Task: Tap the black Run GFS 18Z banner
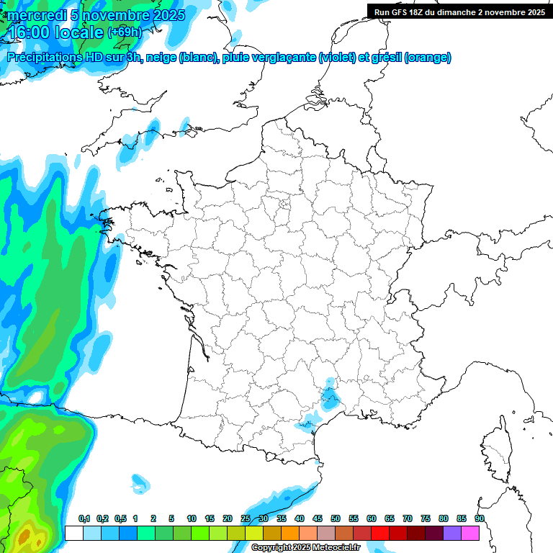(x=459, y=11)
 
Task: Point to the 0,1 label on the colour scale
(x=84, y=518)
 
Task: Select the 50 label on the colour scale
(x=336, y=518)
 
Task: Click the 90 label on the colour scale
(x=480, y=518)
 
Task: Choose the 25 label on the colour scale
(x=246, y=518)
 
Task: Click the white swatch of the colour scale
(x=73, y=533)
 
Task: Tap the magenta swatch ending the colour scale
(x=470, y=533)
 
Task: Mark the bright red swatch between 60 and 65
(x=380, y=533)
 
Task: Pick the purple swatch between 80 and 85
(x=452, y=533)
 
